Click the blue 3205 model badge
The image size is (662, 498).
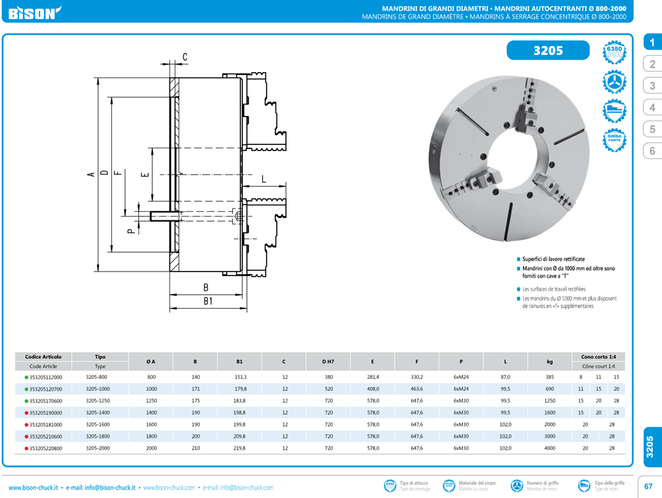[547, 51]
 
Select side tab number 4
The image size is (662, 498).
[652, 107]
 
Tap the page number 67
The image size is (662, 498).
[649, 487]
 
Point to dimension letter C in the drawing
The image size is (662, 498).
[185, 57]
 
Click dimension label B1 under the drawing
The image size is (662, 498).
[207, 301]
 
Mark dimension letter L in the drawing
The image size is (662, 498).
[263, 179]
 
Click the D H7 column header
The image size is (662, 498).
[328, 362]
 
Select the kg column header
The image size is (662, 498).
[549, 362]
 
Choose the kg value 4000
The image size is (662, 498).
[549, 448]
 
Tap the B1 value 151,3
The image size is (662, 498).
[240, 377]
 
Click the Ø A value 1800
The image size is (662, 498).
[151, 436]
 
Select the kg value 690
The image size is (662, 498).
[549, 389]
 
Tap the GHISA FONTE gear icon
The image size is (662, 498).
[614, 140]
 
